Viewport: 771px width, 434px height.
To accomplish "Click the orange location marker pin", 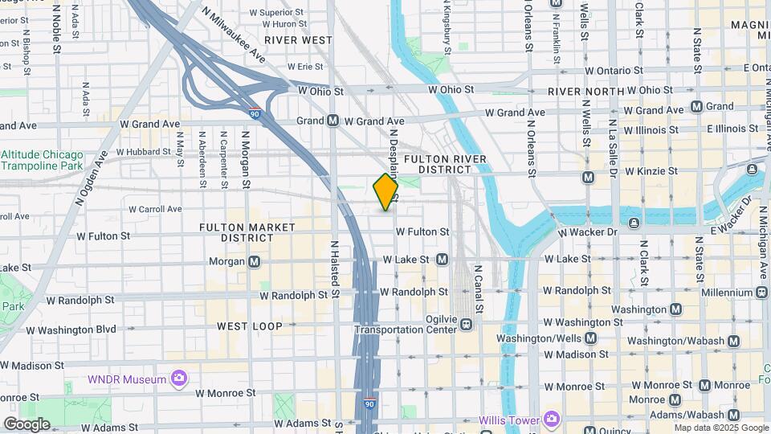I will point(385,192).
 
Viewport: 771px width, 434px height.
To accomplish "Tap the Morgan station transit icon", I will point(255,261).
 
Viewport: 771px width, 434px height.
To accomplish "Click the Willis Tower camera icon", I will point(551,420).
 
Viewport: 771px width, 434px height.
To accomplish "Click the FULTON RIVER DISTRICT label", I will point(446,164).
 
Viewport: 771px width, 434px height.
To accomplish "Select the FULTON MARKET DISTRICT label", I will point(247,232).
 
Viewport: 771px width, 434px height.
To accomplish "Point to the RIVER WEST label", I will point(298,39).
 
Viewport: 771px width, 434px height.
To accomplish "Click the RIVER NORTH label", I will point(585,92).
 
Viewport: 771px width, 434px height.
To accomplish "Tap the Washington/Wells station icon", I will point(590,338).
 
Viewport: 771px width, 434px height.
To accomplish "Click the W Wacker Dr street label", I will point(587,232).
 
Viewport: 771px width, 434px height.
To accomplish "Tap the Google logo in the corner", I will point(27,424).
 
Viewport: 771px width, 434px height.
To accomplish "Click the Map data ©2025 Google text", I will point(720,428).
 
